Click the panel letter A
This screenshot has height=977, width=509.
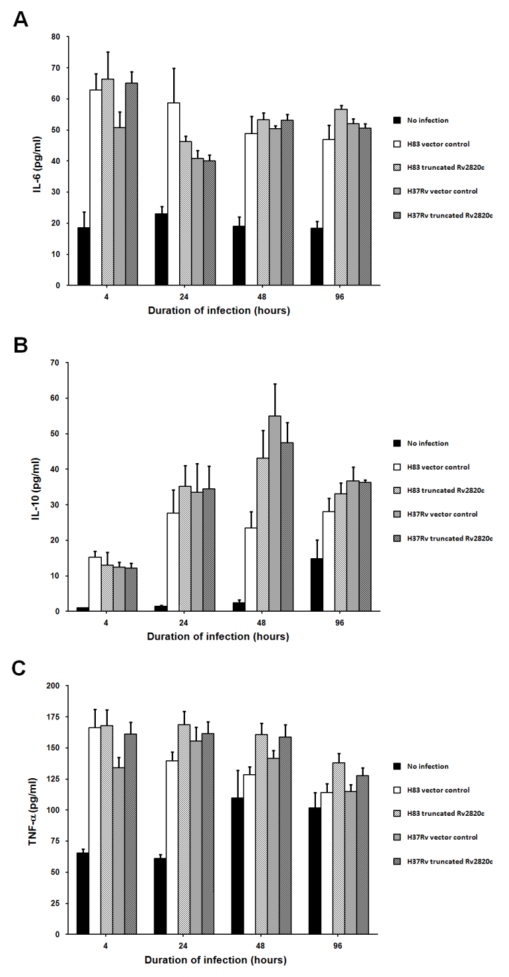click(20, 19)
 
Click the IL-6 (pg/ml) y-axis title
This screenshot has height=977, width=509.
click(38, 161)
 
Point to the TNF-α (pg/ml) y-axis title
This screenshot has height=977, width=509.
click(33, 812)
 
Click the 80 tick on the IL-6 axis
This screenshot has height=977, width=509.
click(56, 36)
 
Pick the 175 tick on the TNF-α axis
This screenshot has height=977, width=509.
click(54, 717)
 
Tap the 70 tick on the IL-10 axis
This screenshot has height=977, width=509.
click(56, 363)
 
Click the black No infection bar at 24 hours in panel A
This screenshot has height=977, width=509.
click(161, 250)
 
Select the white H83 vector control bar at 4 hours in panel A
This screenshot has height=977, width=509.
click(96, 188)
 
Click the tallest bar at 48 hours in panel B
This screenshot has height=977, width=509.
click(274, 513)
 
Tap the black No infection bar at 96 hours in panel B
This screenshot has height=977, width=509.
click(317, 585)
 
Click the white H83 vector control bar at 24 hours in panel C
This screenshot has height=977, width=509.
click(172, 848)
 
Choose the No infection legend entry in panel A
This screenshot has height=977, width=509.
click(421, 120)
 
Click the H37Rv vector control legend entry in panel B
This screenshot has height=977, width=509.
click(436, 514)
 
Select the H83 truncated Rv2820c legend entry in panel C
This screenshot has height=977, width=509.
click(439, 813)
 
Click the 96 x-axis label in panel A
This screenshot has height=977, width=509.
click(340, 297)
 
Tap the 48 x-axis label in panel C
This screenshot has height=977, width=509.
click(260, 945)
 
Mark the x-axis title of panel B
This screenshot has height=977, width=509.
click(218, 636)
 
